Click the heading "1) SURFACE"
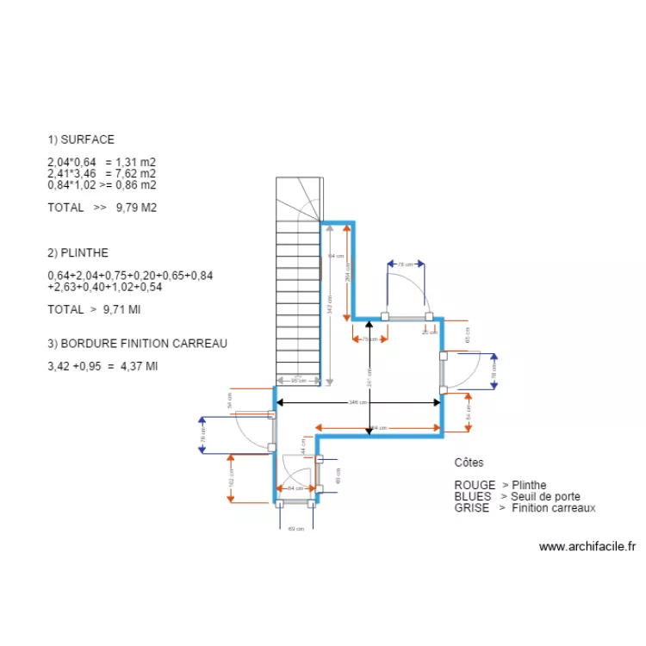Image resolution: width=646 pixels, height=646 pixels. (81, 140)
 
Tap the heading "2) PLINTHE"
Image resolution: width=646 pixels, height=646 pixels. (78, 253)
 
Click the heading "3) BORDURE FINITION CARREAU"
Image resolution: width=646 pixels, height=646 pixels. (137, 344)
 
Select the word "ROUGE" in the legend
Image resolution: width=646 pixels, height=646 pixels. (475, 485)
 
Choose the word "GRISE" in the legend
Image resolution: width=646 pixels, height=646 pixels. (472, 508)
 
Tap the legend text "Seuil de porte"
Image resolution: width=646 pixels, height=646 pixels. (545, 497)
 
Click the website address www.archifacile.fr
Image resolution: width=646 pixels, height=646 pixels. (587, 546)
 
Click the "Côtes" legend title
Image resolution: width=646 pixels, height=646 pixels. (469, 463)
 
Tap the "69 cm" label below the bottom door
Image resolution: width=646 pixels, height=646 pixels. (296, 529)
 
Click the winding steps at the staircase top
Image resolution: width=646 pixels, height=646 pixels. (298, 198)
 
